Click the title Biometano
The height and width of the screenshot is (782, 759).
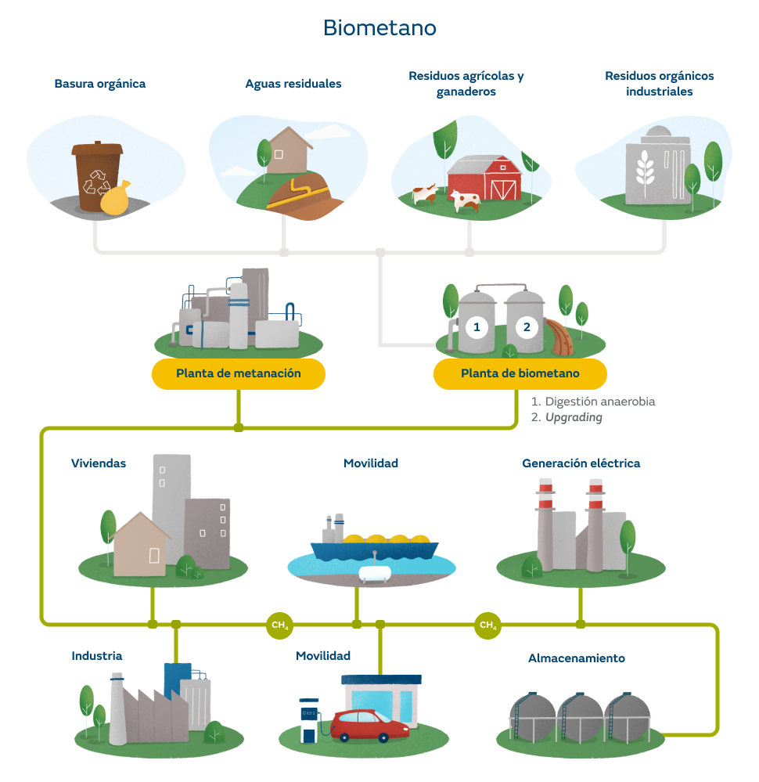point(379,28)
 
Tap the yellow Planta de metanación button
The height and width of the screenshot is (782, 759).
point(238,373)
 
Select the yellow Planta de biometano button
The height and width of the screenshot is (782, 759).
point(520,373)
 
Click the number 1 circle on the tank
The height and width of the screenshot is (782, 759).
point(477,326)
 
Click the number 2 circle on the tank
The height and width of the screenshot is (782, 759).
point(527,326)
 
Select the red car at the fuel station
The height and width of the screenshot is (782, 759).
point(369,725)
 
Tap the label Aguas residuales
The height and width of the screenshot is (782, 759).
point(293,84)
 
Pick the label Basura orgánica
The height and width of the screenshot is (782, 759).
point(100,83)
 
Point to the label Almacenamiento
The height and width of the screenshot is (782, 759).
point(576,658)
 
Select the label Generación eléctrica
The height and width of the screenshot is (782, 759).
point(581,463)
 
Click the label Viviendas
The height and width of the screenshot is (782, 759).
point(99,463)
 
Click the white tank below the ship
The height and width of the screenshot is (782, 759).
point(376,572)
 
